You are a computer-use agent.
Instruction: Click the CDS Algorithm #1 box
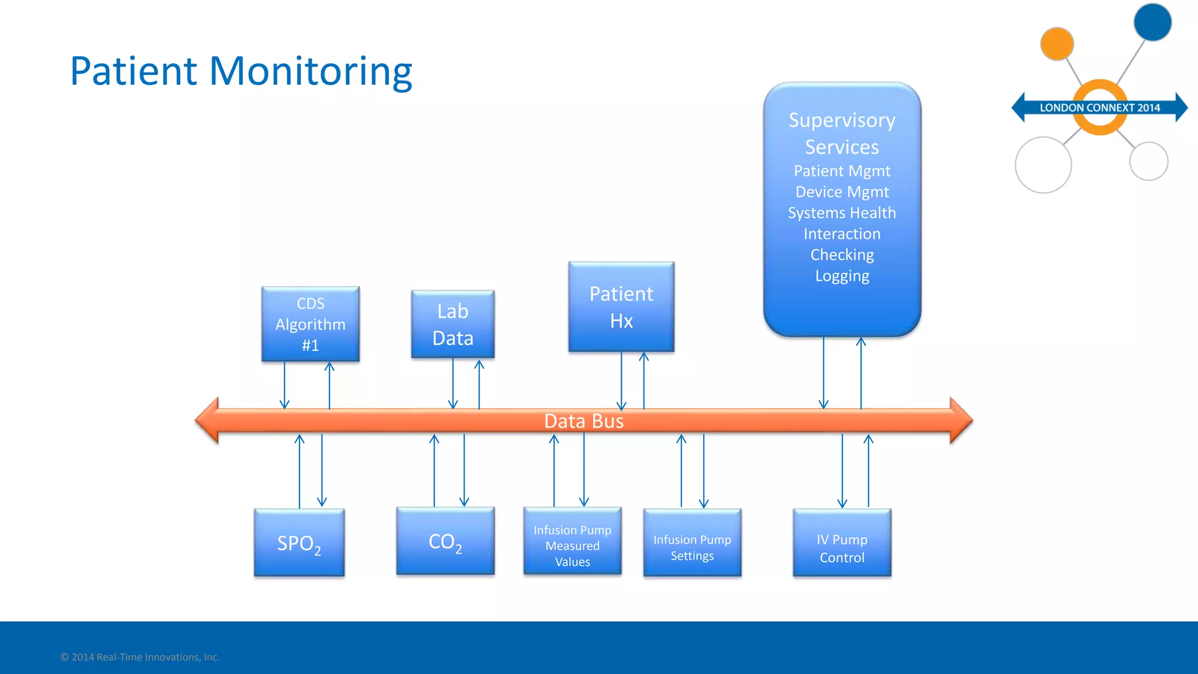pyautogui.click(x=310, y=324)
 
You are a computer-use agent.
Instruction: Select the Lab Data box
pyautogui.click(x=452, y=324)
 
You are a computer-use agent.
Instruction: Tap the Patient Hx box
pyautogui.click(x=621, y=307)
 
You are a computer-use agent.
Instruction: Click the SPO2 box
pyautogui.click(x=299, y=543)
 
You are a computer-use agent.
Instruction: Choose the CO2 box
pyautogui.click(x=445, y=541)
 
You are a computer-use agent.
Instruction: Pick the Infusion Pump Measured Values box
pyautogui.click(x=572, y=545)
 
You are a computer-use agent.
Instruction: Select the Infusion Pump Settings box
pyautogui.click(x=692, y=547)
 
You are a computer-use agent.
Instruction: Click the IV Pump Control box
pyautogui.click(x=842, y=548)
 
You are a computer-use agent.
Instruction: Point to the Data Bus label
pyautogui.click(x=583, y=421)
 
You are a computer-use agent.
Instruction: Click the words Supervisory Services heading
pyautogui.click(x=842, y=133)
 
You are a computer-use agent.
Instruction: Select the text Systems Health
pyautogui.click(x=842, y=213)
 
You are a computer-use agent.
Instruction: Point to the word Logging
pyautogui.click(x=842, y=276)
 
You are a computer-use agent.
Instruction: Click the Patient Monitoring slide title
pyautogui.click(x=241, y=71)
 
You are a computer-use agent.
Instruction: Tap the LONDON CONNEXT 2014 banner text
pyautogui.click(x=1099, y=108)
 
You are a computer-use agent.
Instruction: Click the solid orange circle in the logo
pyautogui.click(x=1056, y=44)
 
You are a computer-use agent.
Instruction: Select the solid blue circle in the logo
pyautogui.click(x=1152, y=22)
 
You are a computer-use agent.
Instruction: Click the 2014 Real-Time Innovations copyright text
pyautogui.click(x=140, y=657)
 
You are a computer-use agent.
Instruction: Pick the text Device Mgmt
pyautogui.click(x=842, y=192)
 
